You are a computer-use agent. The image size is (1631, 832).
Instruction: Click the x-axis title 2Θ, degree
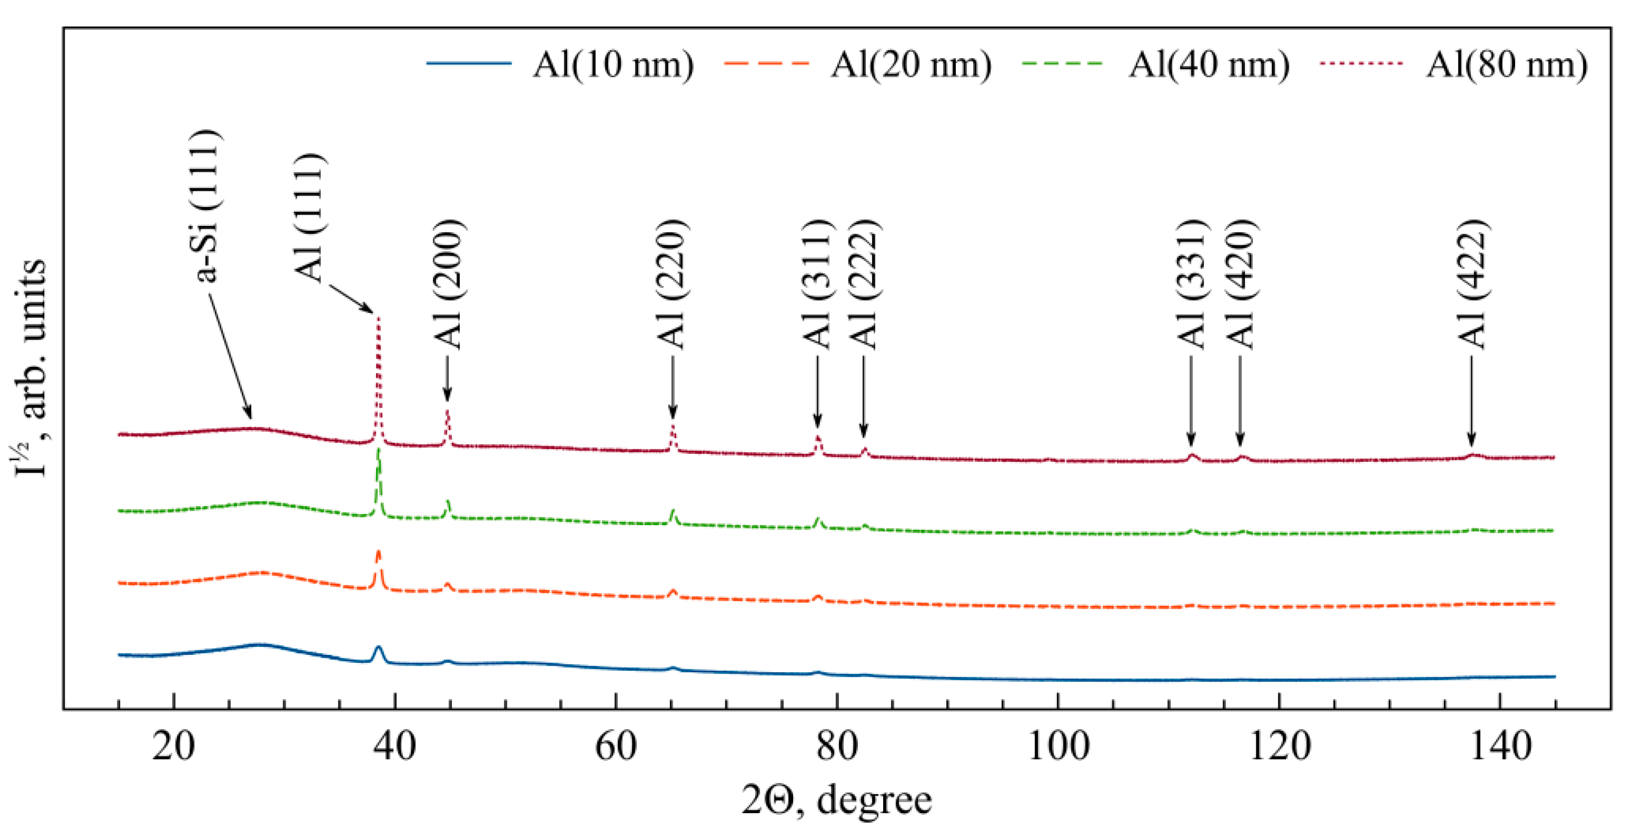tap(836, 800)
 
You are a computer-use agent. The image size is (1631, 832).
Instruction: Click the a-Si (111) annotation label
tap(207, 206)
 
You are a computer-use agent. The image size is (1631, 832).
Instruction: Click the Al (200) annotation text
tap(449, 285)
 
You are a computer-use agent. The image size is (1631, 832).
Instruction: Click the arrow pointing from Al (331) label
tap(1191, 402)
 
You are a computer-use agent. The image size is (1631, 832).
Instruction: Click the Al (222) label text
tap(862, 285)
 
